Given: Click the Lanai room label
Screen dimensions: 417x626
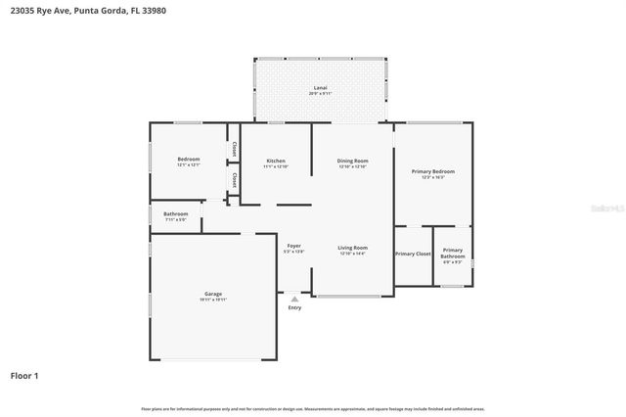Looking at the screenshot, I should pos(320,88).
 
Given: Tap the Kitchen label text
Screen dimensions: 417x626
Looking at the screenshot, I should pos(276,161).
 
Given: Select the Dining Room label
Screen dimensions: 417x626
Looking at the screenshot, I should pos(352,161).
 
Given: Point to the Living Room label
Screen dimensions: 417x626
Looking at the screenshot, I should pos(352,247).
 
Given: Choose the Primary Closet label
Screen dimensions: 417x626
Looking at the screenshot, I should pos(413,254).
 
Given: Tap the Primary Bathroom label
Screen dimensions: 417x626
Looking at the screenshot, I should pos(453,253).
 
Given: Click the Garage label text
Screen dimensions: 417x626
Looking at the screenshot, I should pos(213,294).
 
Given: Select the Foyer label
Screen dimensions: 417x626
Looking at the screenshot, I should pos(293,245).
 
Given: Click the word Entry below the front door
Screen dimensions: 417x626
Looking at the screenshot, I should pos(294,307).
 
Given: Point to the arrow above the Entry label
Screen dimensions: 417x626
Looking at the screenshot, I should pos(294,299).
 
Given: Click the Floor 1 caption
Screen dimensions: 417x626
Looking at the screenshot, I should pos(24,375).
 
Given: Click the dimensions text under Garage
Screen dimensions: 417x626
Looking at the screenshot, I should pos(213,301).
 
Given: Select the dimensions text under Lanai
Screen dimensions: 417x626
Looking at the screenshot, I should pos(320,94).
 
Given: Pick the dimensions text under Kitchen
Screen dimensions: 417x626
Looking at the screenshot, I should pos(276,166).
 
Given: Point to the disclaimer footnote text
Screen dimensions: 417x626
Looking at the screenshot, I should pos(313,408).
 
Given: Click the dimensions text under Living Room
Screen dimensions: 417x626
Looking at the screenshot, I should pos(352,253).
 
